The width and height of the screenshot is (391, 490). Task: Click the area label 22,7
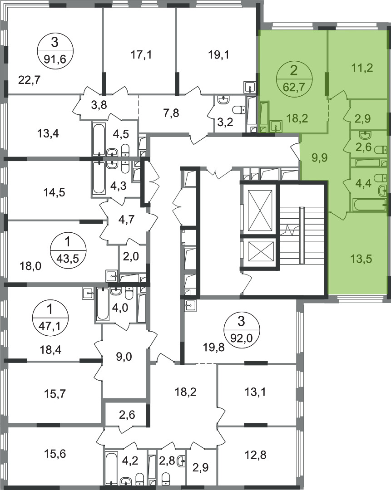coord(30,80)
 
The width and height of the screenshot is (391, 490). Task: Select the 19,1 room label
coord(218,55)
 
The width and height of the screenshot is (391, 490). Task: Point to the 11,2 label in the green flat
coord(362,68)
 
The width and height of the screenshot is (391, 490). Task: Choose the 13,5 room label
coord(361,259)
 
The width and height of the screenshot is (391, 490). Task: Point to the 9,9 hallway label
coord(319,157)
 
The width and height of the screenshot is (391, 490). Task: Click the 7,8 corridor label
coord(171,113)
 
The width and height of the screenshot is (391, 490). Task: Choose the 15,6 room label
coord(55,453)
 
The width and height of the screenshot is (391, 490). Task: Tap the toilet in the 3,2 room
coord(239,110)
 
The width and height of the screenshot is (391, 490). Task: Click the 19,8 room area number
coord(213,347)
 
